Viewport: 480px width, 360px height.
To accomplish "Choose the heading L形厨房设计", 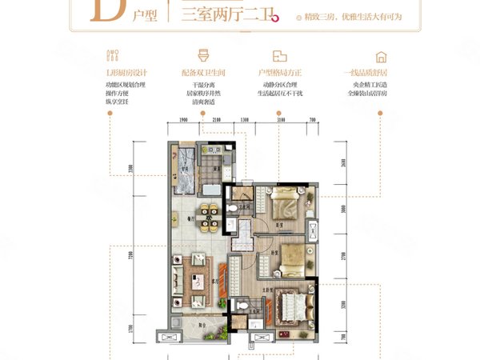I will coord(122,73).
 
